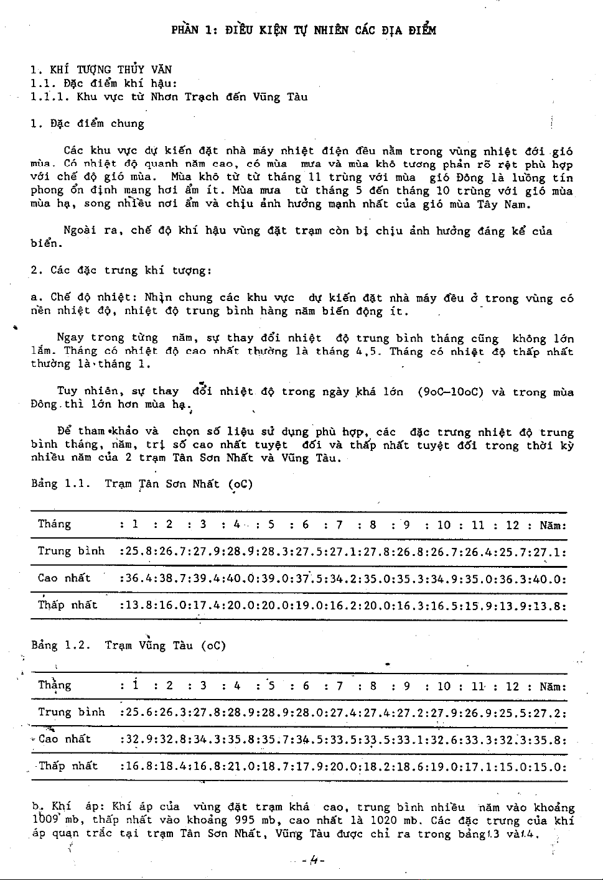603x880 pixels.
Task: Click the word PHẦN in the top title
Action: pyautogui.click(x=184, y=30)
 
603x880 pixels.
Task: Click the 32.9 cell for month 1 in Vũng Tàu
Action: pyautogui.click(x=133, y=739)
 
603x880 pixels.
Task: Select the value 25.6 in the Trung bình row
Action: pyautogui.click(x=133, y=713)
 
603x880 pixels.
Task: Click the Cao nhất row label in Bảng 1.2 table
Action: pyautogui.click(x=65, y=739)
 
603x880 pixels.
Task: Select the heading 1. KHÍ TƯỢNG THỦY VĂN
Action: pyautogui.click(x=101, y=70)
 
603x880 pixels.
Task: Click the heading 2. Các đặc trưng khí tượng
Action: pyautogui.click(x=121, y=271)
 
